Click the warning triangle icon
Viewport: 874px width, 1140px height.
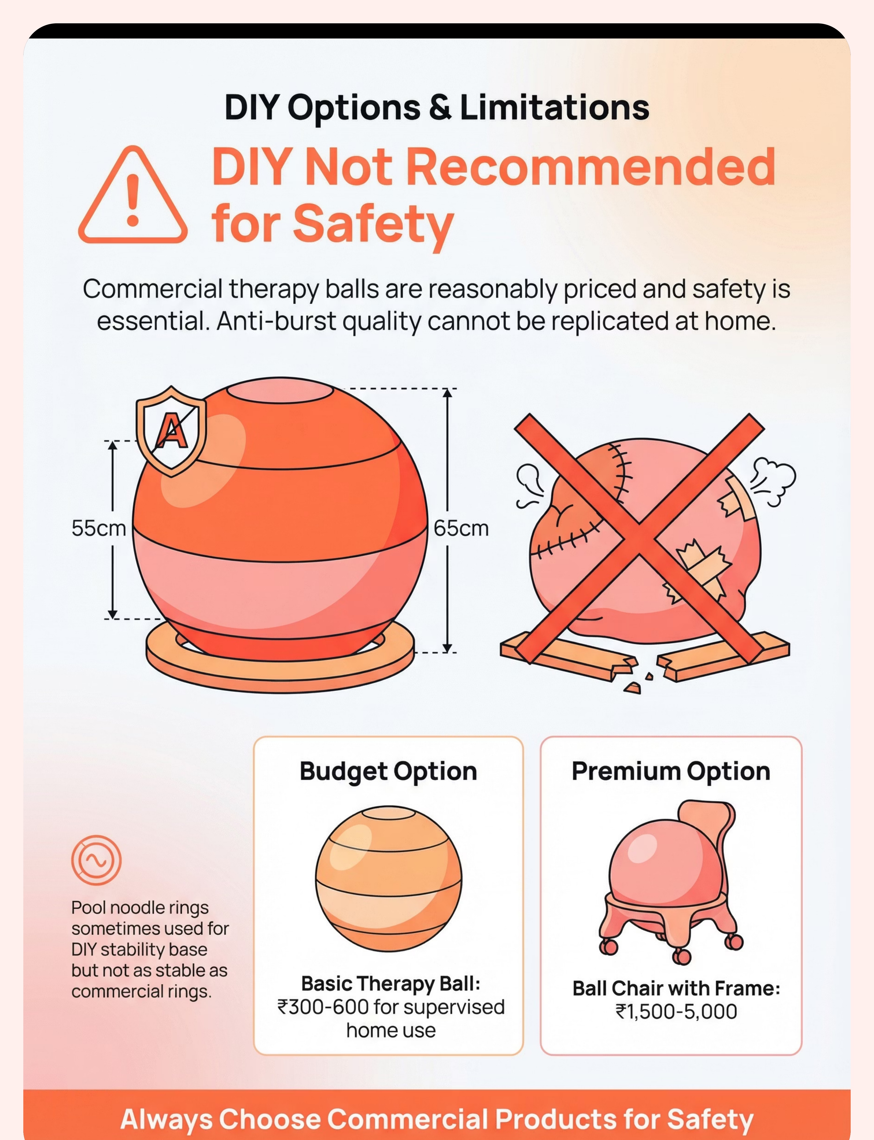click(x=133, y=195)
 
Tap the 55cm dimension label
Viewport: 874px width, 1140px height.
click(x=99, y=528)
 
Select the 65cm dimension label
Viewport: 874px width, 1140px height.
click(x=461, y=528)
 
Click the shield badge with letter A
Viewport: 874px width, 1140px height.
click(x=171, y=431)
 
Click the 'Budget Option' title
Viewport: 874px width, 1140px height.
click(x=388, y=771)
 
